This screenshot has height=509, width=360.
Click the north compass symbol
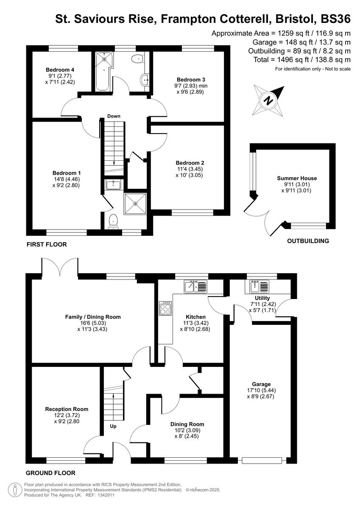click(x=269, y=101)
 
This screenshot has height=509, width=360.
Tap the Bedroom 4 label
click(x=60, y=70)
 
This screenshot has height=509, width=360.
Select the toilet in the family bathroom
click(x=137, y=59)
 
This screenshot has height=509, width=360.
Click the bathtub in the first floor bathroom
click(x=104, y=71)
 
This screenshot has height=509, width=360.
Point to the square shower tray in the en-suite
click(x=135, y=204)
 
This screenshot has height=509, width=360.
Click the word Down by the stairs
click(x=114, y=116)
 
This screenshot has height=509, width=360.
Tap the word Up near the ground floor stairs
click(x=113, y=426)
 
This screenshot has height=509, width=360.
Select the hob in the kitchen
click(x=165, y=308)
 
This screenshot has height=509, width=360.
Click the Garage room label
click(x=261, y=384)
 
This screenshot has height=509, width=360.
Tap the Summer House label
click(x=297, y=178)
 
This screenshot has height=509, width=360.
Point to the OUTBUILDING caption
click(x=308, y=241)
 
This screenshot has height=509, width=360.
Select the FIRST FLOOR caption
click(x=47, y=244)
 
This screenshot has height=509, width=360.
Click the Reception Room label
click(x=67, y=409)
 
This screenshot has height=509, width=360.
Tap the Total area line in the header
click(x=302, y=60)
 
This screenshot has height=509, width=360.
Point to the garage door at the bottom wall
click(x=262, y=460)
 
